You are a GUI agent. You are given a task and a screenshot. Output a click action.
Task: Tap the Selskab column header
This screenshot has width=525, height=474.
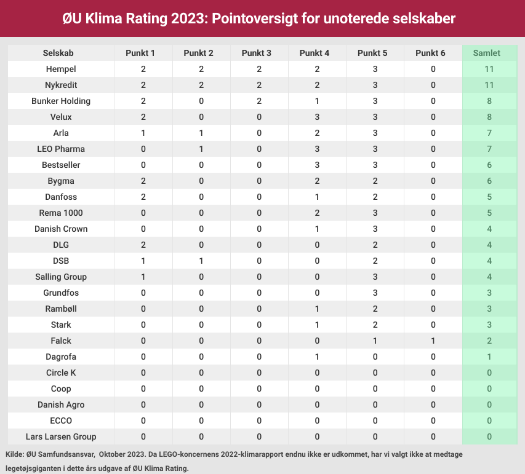click(61, 53)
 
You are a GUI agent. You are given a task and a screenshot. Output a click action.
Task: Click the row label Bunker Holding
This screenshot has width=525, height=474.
click(61, 101)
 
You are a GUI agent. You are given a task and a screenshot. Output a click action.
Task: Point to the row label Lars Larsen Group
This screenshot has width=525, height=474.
click(61, 436)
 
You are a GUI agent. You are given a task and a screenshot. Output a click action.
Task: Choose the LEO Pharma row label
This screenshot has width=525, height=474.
click(61, 149)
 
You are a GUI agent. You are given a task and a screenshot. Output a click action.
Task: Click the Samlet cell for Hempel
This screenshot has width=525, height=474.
click(490, 69)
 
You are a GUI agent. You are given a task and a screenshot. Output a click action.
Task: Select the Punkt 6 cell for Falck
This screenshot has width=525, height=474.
click(433, 341)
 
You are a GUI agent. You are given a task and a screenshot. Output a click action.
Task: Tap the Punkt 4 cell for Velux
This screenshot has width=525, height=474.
click(317, 117)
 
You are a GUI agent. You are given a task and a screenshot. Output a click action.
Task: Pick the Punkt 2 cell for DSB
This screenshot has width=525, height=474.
click(201, 261)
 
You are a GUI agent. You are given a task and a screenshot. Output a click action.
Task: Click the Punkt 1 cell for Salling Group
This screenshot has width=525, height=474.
click(143, 277)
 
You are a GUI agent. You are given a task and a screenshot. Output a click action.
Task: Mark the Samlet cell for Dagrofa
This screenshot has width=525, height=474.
click(490, 357)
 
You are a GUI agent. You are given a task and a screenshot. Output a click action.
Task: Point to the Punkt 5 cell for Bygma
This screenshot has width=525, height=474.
click(375, 181)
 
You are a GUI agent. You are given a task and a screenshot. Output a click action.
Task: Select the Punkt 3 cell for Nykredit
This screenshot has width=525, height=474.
click(259, 85)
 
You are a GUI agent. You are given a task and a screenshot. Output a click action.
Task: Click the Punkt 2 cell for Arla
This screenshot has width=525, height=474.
click(201, 133)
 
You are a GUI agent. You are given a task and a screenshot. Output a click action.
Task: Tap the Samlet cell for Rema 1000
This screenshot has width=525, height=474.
click(490, 213)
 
